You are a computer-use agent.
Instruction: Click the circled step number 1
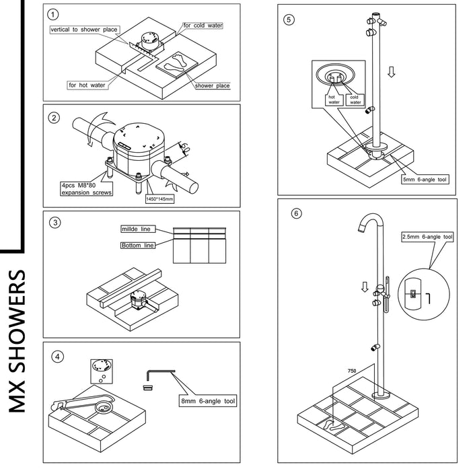coord(55,14)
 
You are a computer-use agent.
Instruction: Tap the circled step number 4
coord(59,357)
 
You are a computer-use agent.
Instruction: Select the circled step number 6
coord(295,214)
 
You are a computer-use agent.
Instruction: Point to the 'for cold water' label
coord(203,25)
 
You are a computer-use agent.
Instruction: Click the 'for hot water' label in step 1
coord(85,85)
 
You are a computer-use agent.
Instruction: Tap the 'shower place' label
coord(212,85)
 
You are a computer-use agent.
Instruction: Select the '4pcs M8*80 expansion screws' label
coord(85,188)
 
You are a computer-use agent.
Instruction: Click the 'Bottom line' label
coord(137,245)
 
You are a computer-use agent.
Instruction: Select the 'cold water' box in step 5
coord(355,100)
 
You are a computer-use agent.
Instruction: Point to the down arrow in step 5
coord(391,71)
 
